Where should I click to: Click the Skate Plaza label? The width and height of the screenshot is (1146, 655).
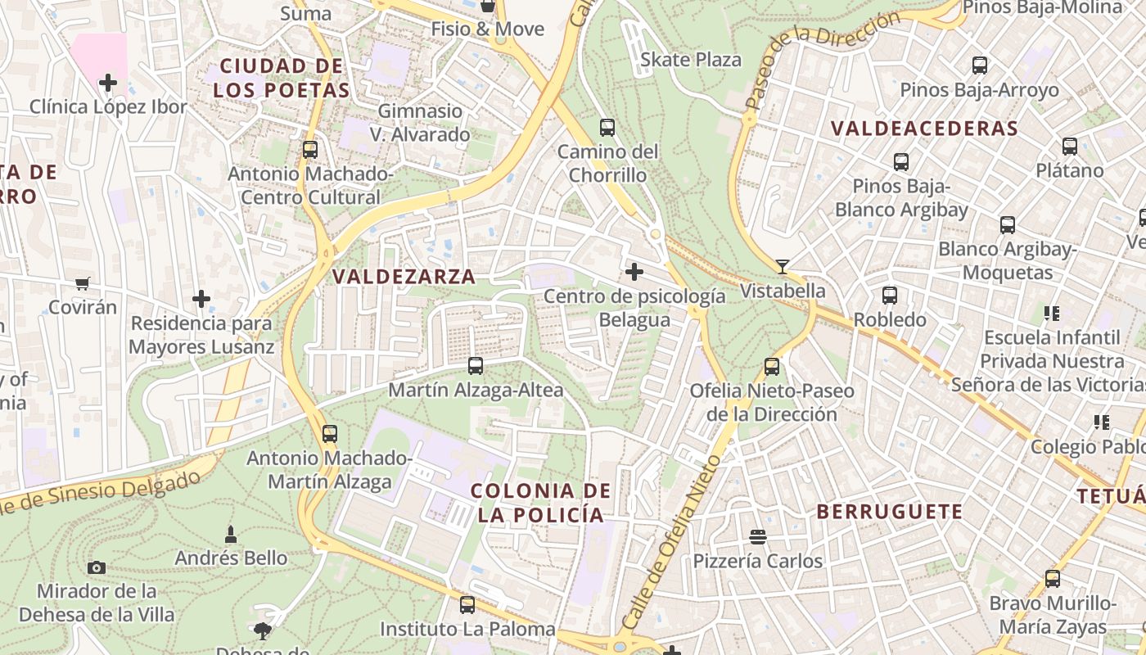tap(690, 60)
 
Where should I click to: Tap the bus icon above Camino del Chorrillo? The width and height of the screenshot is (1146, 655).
tap(607, 128)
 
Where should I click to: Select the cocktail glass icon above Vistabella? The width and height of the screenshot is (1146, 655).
tap(783, 266)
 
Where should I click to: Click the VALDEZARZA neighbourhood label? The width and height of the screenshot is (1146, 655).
tap(404, 277)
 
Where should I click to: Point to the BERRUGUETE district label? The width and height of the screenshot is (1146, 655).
tap(890, 513)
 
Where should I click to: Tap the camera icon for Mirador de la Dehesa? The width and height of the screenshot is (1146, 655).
tap(96, 567)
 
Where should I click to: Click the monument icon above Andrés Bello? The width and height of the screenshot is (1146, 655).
tap(231, 535)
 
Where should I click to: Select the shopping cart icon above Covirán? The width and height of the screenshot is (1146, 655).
tap(82, 284)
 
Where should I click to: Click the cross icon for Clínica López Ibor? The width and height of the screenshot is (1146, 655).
tap(107, 83)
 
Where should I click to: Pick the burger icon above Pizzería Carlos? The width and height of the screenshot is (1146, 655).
tap(757, 537)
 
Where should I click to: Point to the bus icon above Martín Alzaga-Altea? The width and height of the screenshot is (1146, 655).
tap(475, 366)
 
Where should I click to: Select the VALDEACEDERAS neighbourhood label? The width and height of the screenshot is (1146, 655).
tap(924, 129)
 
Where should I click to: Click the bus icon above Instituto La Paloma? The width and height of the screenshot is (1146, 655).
tap(467, 605)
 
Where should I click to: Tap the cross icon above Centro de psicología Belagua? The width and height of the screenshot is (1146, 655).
tap(634, 272)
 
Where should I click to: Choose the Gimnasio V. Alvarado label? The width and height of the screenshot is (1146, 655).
tap(420, 123)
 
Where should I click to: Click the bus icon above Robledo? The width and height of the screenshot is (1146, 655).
tap(889, 296)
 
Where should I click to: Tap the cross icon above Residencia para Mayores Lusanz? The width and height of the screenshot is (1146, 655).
tap(201, 299)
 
